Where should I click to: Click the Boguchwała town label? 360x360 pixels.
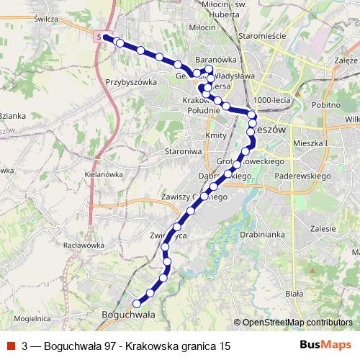pos(129,315)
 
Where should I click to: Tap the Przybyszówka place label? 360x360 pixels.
pos(131,82)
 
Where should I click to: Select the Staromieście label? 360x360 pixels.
pos(263,35)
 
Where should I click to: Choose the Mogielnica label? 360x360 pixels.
pos(30,317)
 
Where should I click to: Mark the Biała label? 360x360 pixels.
pos(294,293)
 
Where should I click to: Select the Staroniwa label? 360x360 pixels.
pos(181,152)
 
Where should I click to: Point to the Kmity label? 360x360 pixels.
pos(216,135)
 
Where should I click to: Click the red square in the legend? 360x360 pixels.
pos(10,346)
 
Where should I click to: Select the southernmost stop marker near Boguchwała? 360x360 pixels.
pos(136,303)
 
